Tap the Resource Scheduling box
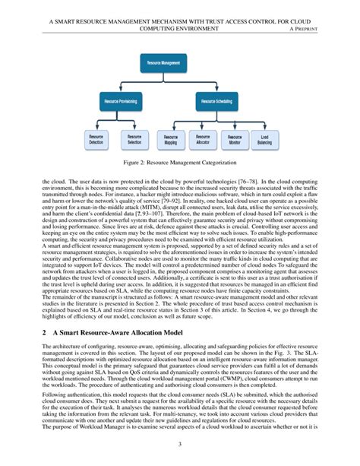click(216, 100)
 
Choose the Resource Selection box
click(134, 140)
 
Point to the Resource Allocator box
click(202, 140)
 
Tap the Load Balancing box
click(264, 140)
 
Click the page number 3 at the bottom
click(180, 445)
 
